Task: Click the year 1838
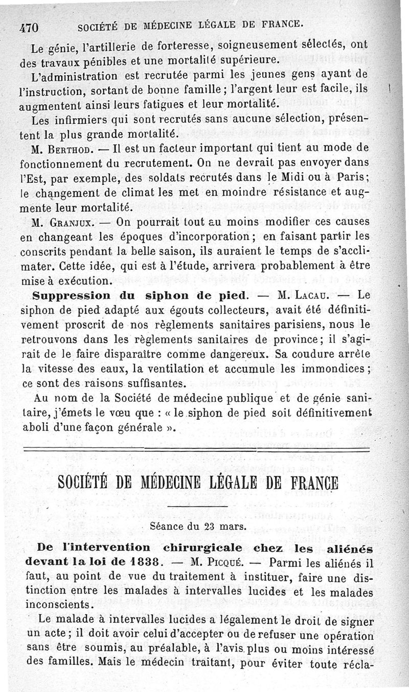(x=140, y=561)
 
